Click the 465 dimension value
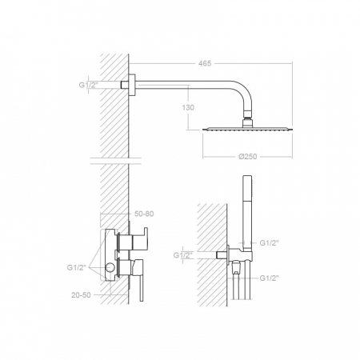tap(205, 63)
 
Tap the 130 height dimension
tap(188, 107)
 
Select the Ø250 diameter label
tap(247, 157)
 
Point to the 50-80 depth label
tap(144, 214)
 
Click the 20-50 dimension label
tap(81, 295)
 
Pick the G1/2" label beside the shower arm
tap(89, 85)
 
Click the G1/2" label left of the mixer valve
tap(77, 267)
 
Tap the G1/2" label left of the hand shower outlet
tap(183, 255)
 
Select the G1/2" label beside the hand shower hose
tap(270, 278)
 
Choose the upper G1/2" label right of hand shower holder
tap(270, 243)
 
